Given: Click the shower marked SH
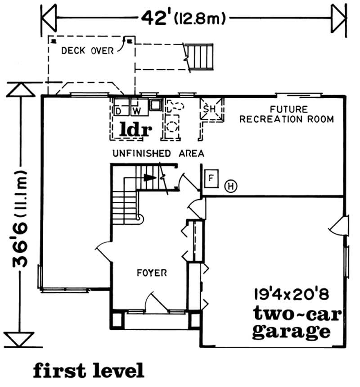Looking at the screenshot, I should (211, 109).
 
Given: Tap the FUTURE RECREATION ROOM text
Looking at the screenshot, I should (286, 114).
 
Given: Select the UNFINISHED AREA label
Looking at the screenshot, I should (158, 154).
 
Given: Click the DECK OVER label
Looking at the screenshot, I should (87, 51).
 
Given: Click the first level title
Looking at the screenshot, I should (88, 370).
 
